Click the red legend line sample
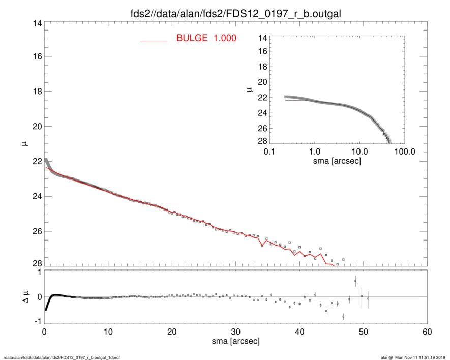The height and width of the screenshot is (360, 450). pos(154,40)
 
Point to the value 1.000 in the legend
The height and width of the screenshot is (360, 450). pos(224,38)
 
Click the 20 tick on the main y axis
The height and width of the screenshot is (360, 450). pos(36,126)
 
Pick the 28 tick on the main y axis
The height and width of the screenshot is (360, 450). pos(36,263)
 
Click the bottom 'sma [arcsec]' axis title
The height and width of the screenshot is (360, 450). pos(235,342)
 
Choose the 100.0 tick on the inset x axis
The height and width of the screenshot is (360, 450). pos(405,152)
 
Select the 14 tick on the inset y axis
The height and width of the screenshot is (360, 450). pos(262,38)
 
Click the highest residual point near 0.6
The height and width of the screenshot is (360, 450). pos(355,281)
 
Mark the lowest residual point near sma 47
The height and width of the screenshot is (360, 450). pos(343,317)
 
